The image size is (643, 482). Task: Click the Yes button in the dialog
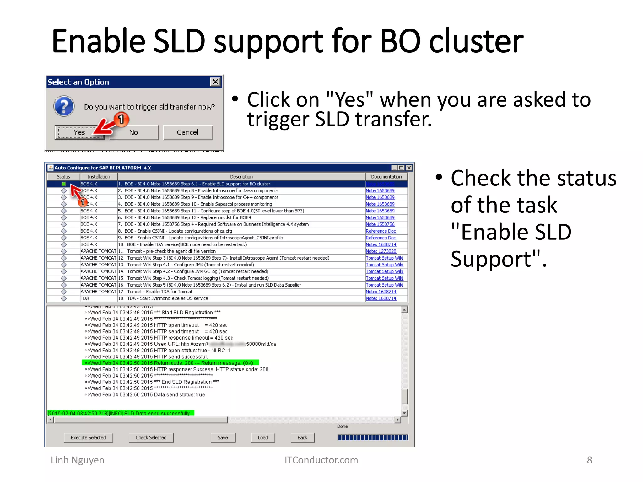point(79,132)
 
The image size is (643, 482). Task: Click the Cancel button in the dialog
point(188,132)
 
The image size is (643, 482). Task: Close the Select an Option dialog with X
point(215,82)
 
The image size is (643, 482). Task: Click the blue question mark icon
point(64,106)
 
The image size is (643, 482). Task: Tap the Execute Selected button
point(88,437)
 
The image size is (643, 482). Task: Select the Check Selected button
point(151,437)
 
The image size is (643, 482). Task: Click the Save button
point(223,437)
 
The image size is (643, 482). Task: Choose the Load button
point(263,437)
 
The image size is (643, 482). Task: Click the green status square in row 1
point(64,184)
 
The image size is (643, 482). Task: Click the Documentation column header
point(386,177)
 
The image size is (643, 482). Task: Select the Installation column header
point(99,177)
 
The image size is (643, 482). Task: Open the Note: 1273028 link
point(381,251)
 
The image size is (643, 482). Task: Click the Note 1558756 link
point(380,224)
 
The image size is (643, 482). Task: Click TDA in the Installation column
point(85,298)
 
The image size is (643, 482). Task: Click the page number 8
point(589,460)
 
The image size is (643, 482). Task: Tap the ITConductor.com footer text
point(321,460)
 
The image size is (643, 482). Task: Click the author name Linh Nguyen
point(78,460)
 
